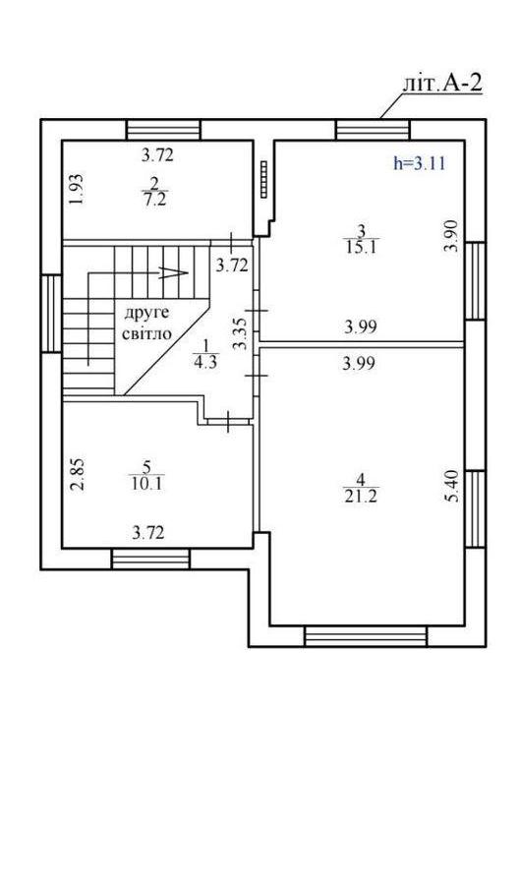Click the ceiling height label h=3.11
(420, 164)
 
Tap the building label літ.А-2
(442, 84)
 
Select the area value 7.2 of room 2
(155, 201)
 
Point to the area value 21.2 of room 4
(361, 498)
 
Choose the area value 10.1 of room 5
(146, 484)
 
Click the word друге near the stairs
(146, 314)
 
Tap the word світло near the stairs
(146, 333)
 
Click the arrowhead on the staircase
(174, 272)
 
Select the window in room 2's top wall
(163, 130)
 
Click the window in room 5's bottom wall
(150, 559)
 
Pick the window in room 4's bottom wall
(366, 636)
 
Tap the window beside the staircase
(51, 313)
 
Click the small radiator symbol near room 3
(263, 179)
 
